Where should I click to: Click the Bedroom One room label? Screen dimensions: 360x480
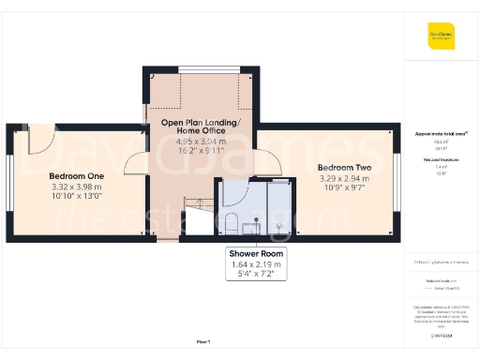tap(76, 175)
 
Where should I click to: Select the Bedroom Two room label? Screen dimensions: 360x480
tap(324, 168)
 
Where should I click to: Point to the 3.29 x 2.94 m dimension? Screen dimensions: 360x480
tap(324, 178)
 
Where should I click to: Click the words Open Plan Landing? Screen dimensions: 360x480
tap(201, 123)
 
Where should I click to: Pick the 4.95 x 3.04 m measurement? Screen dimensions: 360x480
tap(201, 142)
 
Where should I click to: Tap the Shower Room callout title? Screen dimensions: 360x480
tap(255, 254)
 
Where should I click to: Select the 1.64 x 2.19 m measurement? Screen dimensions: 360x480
tap(255, 264)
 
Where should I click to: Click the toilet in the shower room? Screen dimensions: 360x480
tap(231, 223)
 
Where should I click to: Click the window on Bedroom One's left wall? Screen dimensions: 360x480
tap(9, 183)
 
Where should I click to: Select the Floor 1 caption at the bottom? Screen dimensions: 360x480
tap(202, 341)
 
